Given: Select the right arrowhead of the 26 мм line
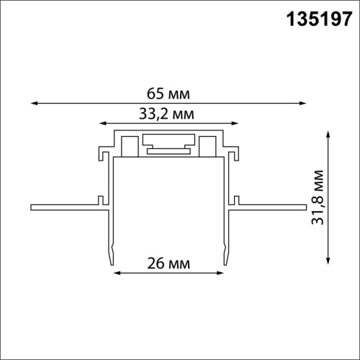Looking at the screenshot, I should click(223, 274).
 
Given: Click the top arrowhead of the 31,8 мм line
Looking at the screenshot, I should click(329, 133).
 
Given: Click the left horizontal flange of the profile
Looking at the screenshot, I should click(65, 208).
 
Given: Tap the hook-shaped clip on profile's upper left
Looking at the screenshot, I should click(103, 153).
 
